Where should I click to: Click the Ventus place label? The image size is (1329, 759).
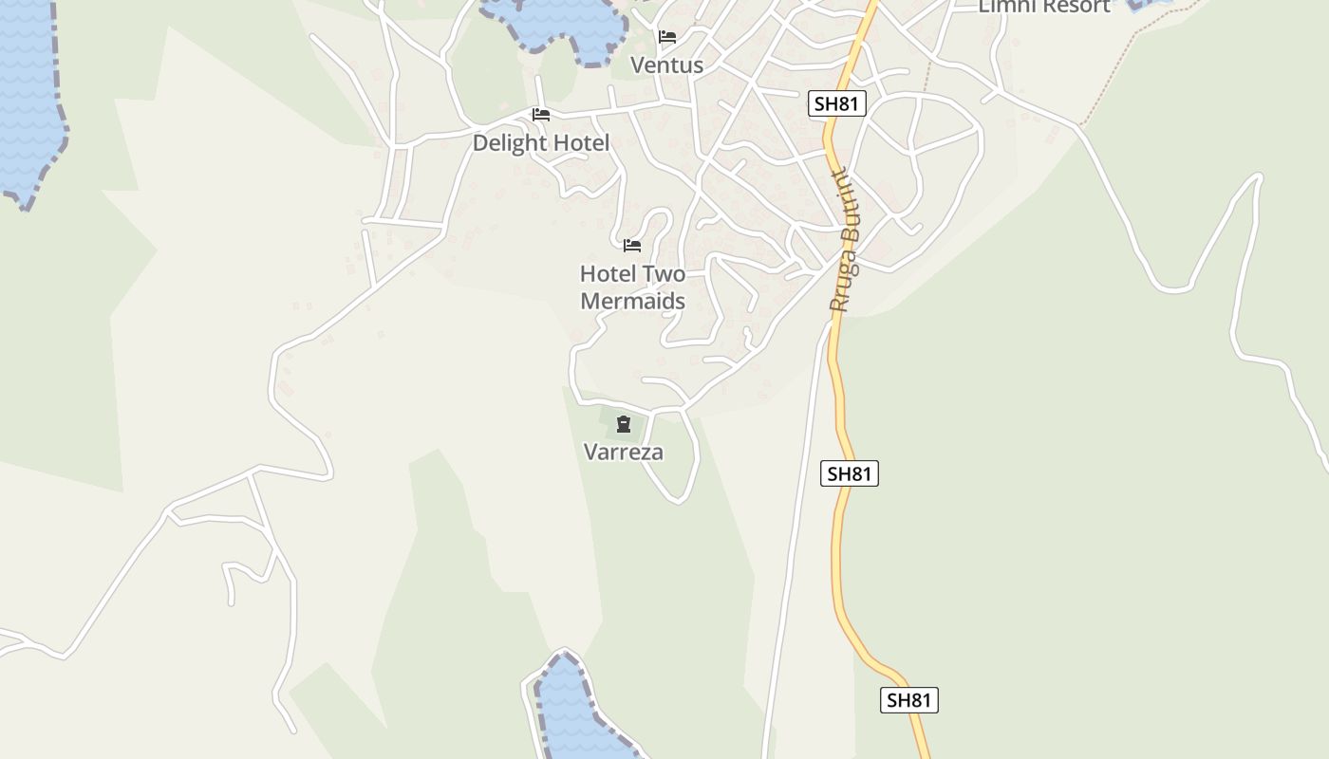[666, 65]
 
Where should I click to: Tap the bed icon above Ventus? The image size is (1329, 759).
[667, 37]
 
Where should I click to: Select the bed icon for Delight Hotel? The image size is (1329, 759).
[541, 115]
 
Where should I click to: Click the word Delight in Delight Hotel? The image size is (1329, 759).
[508, 143]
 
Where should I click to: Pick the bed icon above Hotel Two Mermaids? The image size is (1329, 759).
[632, 246]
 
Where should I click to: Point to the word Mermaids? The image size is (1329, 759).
[632, 302]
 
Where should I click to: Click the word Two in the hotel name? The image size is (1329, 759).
[664, 274]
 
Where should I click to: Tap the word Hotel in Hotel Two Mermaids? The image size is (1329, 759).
[608, 274]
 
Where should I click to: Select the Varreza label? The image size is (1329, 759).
[624, 453]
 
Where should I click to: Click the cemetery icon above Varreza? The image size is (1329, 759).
[624, 424]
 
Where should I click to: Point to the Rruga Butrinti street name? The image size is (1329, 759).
[844, 241]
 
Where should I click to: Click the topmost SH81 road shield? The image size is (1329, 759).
[837, 103]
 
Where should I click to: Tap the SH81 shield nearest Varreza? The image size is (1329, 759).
[850, 473]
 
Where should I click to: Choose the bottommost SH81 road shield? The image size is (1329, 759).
[909, 700]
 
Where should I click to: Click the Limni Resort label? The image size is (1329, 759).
[1044, 7]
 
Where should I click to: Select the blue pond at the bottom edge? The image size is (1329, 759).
[574, 712]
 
